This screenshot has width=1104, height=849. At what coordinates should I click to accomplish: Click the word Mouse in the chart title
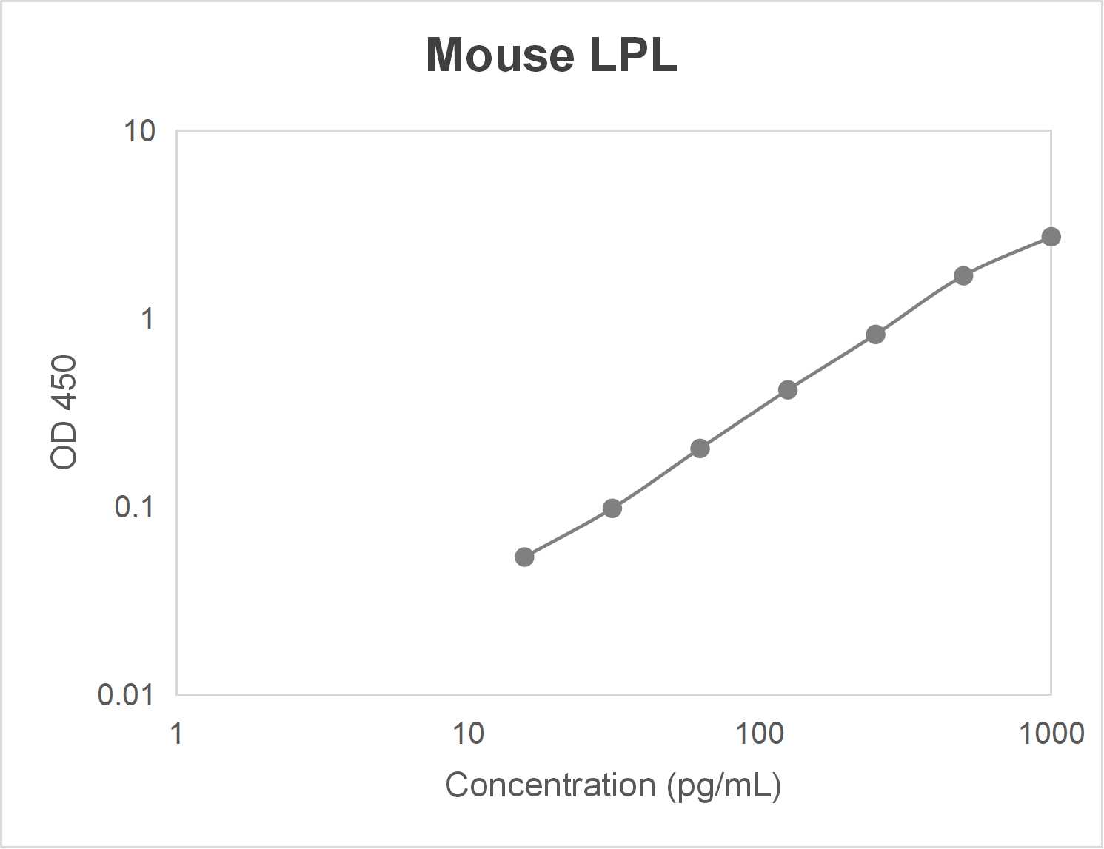click(x=500, y=56)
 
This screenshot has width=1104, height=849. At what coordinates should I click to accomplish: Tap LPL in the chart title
click(x=633, y=56)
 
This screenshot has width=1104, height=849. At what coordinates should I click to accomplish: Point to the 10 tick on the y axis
click(x=139, y=131)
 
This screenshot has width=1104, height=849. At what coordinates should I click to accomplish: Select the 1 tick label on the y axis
click(x=147, y=319)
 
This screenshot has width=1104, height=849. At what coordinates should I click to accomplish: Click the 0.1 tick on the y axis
click(x=134, y=507)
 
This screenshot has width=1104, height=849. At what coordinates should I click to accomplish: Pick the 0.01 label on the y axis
click(x=126, y=695)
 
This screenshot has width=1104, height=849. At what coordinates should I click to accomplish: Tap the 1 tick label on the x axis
click(x=176, y=734)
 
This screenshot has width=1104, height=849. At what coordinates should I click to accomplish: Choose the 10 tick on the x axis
click(x=468, y=734)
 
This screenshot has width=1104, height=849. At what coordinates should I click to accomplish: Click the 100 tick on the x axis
click(x=759, y=734)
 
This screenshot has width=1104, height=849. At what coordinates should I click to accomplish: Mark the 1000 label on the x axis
click(x=1051, y=734)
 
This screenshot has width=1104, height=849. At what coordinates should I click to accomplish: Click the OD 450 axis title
click(x=64, y=412)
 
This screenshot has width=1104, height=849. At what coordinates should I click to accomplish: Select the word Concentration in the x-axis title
click(x=550, y=785)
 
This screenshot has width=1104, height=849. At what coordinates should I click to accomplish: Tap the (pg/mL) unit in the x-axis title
click(x=724, y=785)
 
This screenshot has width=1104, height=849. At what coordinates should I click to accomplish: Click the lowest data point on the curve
click(x=524, y=557)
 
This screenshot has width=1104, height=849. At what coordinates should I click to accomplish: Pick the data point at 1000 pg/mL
click(x=1051, y=237)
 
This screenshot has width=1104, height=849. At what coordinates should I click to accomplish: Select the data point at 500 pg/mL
click(x=963, y=276)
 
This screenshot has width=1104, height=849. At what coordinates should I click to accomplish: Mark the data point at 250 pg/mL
click(x=875, y=335)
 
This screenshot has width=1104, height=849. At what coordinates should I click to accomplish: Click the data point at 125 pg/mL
click(x=788, y=390)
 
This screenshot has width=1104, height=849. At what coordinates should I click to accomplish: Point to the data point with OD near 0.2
click(x=700, y=449)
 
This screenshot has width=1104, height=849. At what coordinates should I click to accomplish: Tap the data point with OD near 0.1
click(x=612, y=509)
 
